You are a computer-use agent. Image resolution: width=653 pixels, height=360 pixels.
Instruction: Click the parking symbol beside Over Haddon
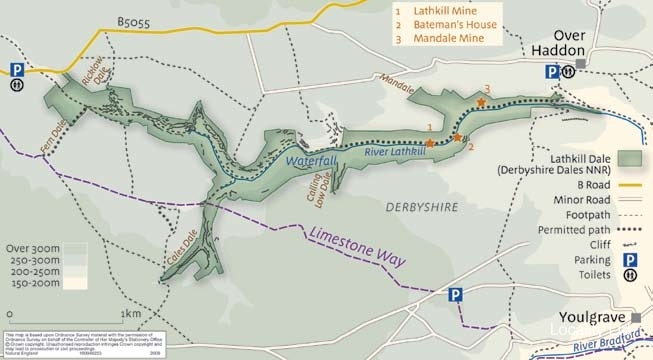552,72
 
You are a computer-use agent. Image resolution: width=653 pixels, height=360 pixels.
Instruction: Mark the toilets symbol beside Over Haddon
568,72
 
